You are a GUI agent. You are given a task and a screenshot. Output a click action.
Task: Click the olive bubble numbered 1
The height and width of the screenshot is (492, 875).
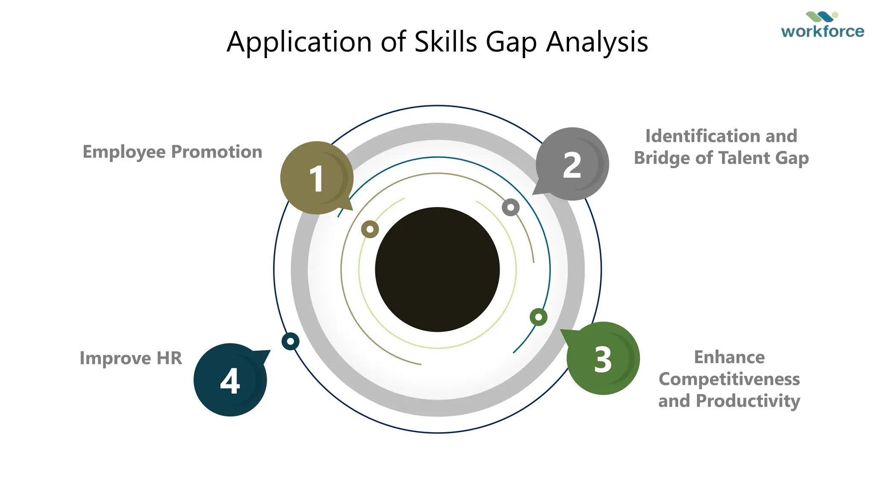(317, 178)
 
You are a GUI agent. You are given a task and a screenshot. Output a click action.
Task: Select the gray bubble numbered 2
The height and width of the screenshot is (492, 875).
(572, 164)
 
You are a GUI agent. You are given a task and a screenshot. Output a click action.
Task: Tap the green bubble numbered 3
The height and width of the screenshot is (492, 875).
(603, 359)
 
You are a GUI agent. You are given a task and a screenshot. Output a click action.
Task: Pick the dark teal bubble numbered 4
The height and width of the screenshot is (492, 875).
(230, 380)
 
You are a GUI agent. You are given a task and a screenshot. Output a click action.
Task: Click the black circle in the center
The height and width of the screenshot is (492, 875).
(437, 269)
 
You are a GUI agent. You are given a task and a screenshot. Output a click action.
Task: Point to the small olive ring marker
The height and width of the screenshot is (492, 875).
(370, 229)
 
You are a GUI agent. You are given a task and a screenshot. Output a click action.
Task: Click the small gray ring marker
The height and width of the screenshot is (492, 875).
(511, 208)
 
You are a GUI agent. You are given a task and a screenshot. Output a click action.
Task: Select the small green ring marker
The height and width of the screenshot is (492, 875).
(538, 317)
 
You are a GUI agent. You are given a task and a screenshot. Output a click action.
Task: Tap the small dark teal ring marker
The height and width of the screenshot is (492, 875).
(291, 341)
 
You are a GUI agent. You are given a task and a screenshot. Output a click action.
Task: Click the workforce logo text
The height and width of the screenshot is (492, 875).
(822, 31)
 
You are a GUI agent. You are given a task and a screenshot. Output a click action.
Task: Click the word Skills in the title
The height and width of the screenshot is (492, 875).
(446, 42)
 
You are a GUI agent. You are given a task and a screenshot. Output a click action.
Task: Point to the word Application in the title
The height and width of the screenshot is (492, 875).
(299, 42)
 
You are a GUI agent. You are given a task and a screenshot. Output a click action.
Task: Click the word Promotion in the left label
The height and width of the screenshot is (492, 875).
(217, 152)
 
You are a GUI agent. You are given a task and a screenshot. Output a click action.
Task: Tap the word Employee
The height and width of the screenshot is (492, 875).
(124, 152)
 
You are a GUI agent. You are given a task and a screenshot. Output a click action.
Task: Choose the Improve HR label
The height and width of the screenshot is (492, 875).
(131, 358)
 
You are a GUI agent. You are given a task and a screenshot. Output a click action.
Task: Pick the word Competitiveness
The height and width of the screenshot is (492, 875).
(729, 379)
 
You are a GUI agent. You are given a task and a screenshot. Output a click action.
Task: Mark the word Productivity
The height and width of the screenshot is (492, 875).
(748, 401)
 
